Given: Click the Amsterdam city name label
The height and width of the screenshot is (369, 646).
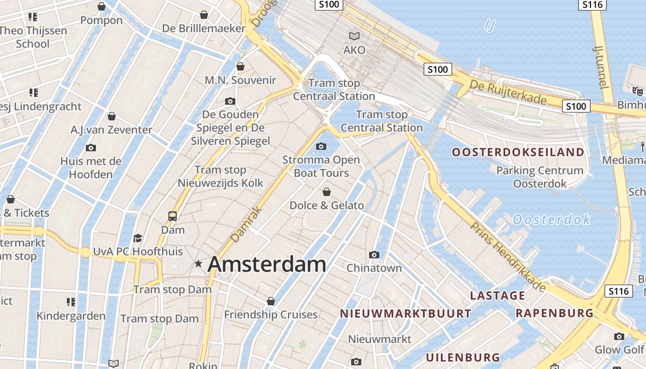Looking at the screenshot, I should click(x=267, y=264).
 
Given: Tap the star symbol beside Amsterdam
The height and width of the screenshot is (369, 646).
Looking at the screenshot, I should click(x=198, y=264).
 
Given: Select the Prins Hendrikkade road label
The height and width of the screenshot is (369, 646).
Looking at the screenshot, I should click(x=508, y=256).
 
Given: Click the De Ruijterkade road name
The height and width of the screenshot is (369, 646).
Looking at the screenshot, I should click(x=508, y=92).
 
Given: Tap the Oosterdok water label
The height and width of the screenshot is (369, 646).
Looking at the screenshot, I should click(x=551, y=220).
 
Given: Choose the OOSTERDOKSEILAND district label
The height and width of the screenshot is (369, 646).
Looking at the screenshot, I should click(x=518, y=152).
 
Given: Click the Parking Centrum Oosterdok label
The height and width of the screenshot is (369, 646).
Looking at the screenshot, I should click(x=540, y=177).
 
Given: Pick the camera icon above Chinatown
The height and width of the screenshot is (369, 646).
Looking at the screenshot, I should click(x=374, y=255).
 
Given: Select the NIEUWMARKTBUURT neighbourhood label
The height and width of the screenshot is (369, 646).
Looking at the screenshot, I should click(x=406, y=314).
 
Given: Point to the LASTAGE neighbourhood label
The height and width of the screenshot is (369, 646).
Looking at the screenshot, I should click(x=497, y=296).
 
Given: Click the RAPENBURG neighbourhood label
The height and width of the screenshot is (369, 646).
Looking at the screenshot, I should click(x=555, y=313).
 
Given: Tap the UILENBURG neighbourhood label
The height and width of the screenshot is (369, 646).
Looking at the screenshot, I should click(x=463, y=357).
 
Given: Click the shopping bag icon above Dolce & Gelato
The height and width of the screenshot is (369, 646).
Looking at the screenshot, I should click(x=327, y=192).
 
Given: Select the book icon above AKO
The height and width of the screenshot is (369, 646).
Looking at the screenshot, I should click(x=354, y=36).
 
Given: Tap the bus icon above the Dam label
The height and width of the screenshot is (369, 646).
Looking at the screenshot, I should click(x=173, y=216).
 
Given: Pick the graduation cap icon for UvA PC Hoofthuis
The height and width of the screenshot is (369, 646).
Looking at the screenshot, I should click(x=138, y=238).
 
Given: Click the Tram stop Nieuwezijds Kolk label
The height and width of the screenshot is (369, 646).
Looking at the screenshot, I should click(x=221, y=177).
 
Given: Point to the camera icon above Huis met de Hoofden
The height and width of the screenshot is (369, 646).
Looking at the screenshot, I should click(x=91, y=148).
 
